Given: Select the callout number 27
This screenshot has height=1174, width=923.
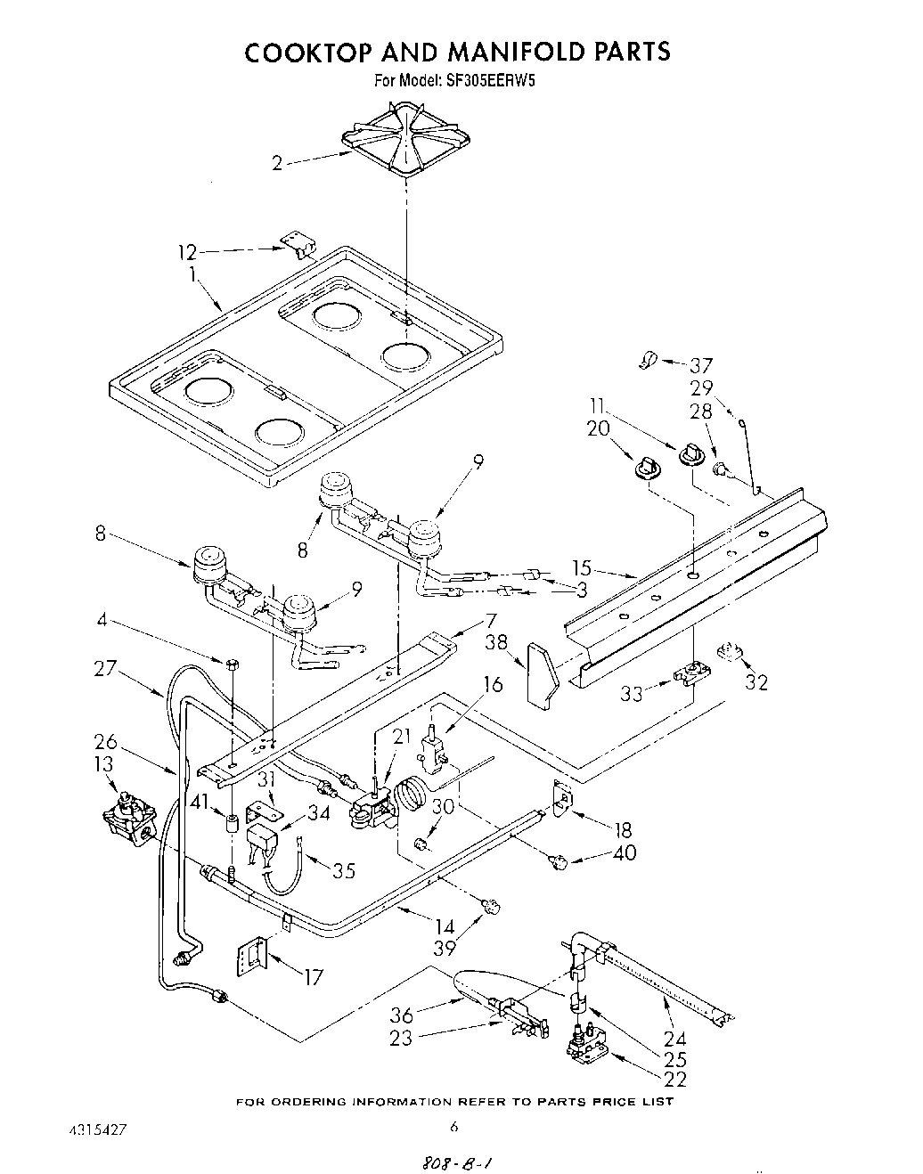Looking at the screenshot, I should pos(107,667).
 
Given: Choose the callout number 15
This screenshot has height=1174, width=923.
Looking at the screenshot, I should pos(582,567).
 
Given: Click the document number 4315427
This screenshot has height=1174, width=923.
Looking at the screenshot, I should pos(98,1129).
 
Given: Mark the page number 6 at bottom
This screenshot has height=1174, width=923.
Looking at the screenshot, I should pos(454,1127).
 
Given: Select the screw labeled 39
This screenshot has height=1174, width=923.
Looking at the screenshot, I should pos(489,907).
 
